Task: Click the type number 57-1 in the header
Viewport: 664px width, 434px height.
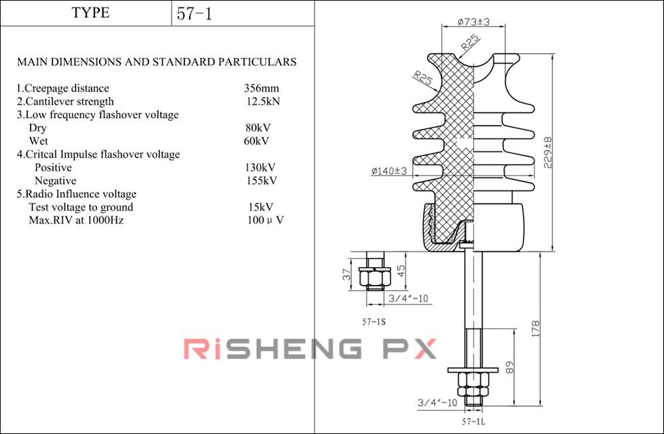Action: click(195, 13)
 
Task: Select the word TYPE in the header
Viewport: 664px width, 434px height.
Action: click(90, 13)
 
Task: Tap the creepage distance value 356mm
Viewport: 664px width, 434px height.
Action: click(261, 88)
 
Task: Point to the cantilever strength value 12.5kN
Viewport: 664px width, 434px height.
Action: click(263, 102)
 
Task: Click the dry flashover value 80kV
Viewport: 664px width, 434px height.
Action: click(258, 128)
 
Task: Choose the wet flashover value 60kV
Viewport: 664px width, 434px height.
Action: click(256, 141)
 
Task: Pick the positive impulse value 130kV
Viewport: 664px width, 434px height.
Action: click(260, 167)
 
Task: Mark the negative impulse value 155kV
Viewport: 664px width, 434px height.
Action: click(261, 181)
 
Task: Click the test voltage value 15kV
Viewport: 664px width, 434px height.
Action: click(260, 207)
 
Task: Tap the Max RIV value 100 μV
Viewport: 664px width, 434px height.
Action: click(266, 221)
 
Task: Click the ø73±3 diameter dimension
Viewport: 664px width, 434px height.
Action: click(474, 22)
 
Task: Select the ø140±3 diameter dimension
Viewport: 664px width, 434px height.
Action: click(389, 171)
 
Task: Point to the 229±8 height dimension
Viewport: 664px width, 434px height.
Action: click(548, 154)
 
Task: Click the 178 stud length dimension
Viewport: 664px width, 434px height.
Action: click(536, 328)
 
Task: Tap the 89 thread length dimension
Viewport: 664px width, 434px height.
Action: click(510, 367)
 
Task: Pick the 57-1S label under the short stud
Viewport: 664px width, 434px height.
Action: click(374, 322)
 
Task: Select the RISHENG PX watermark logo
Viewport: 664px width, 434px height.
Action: click(310, 348)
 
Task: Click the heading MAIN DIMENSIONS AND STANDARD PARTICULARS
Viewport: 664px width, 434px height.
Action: click(157, 62)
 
